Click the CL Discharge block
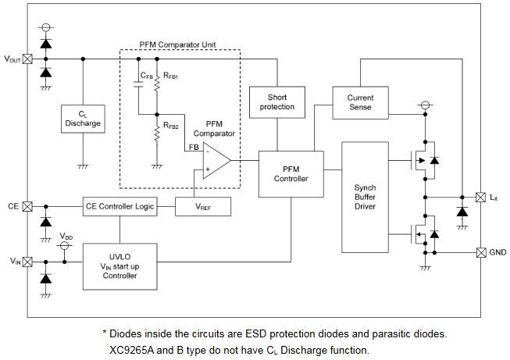(83, 119)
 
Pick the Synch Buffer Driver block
(365, 197)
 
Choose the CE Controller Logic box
(119, 207)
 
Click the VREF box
(196, 207)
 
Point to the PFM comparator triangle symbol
(216, 161)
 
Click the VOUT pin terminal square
(28, 59)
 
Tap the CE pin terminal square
(28, 206)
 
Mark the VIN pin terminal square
(28, 262)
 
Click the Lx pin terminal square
(480, 197)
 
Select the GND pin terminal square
(480, 252)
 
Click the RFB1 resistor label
(172, 76)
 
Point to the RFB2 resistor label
(172, 125)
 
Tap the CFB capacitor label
(147, 76)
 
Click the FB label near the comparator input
(192, 147)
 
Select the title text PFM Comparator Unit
(179, 45)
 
